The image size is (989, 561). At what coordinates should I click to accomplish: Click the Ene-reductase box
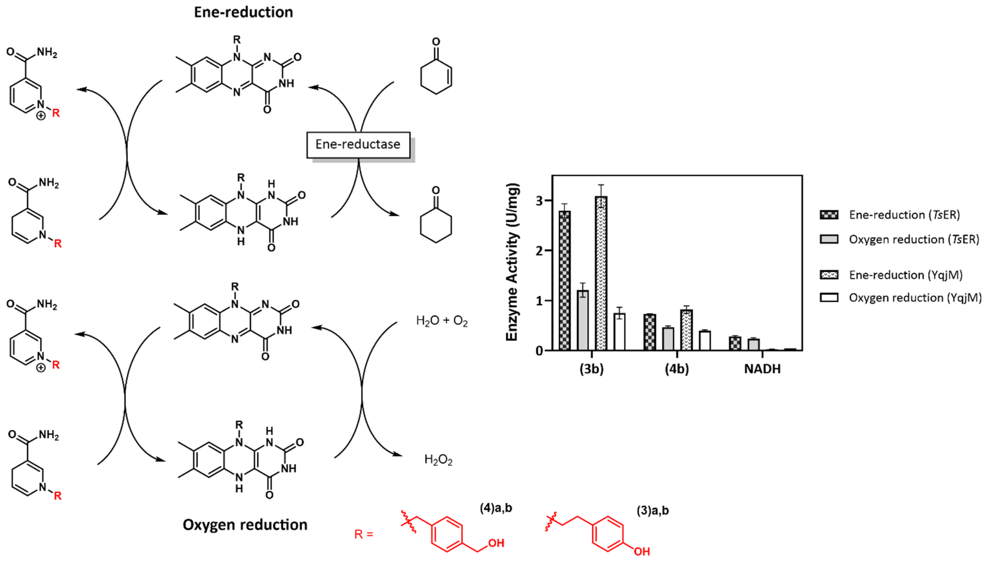[x=358, y=144]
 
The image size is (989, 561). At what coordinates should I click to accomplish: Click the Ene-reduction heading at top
[x=243, y=12]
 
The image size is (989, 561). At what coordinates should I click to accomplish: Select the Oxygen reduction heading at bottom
[x=245, y=525]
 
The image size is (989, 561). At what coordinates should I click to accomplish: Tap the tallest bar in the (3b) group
[x=601, y=274]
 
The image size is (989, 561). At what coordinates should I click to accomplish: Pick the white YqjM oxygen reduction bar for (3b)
[x=619, y=331]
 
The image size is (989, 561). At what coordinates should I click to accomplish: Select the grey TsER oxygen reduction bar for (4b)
[x=668, y=339]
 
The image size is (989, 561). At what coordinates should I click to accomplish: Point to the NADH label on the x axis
[x=762, y=369]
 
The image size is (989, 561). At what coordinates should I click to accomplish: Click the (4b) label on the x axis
[x=677, y=369]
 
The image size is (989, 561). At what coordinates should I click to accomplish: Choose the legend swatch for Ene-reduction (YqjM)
[x=829, y=275]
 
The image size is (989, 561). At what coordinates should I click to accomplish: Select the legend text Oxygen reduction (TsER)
[x=913, y=239]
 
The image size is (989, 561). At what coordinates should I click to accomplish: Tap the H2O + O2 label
[x=442, y=321]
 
